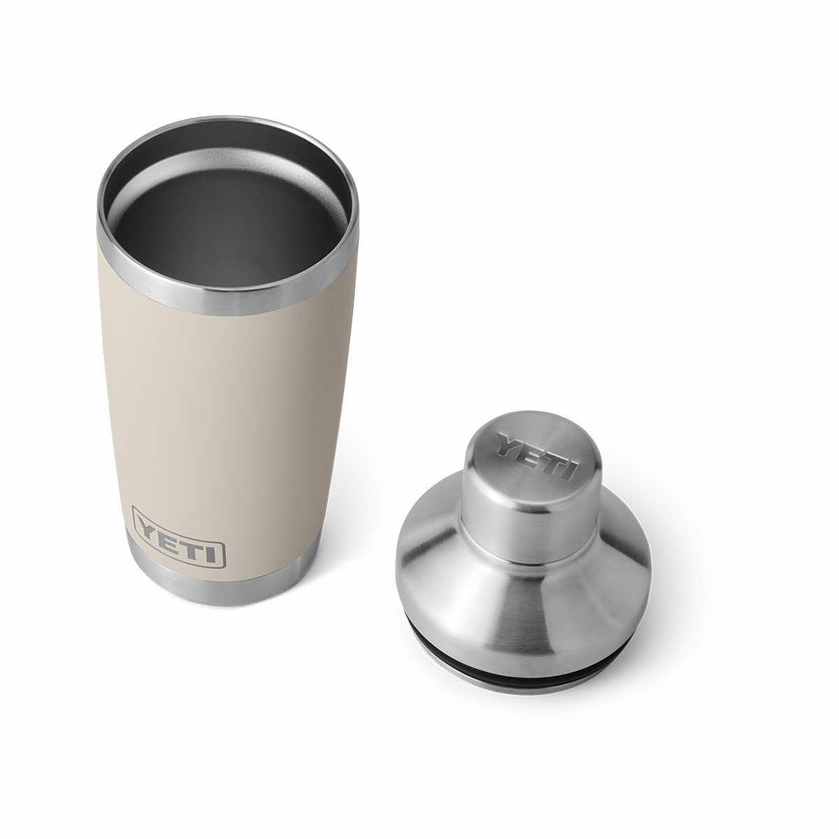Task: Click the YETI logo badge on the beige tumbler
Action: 178,537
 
